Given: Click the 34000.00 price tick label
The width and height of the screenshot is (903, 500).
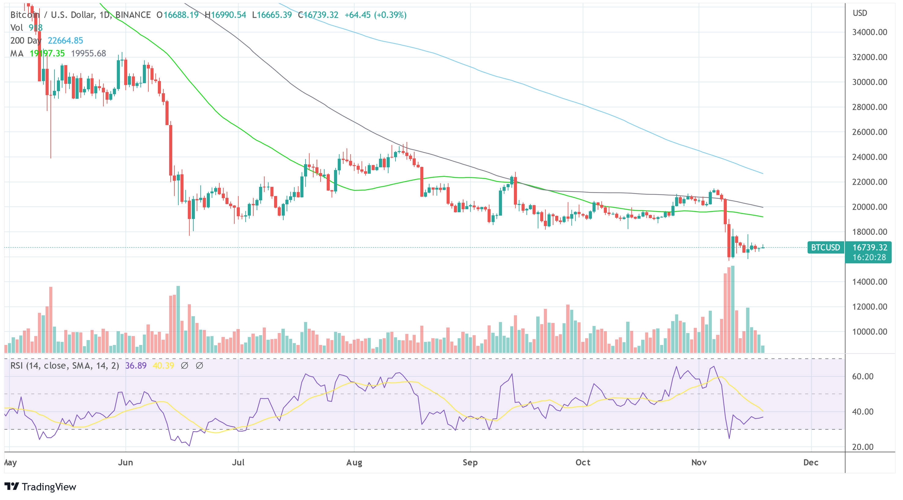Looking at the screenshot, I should tap(869, 32).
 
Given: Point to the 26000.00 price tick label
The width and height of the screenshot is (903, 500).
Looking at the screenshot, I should tap(869, 132).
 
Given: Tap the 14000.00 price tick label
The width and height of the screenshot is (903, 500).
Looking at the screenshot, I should tap(869, 282).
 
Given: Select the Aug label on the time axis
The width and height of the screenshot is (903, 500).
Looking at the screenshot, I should tap(354, 462).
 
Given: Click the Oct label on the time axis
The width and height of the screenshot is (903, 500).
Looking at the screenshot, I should tap(583, 462).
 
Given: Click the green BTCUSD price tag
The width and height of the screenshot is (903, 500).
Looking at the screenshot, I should tap(825, 247).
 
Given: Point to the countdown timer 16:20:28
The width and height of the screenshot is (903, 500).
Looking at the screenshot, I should tap(869, 257).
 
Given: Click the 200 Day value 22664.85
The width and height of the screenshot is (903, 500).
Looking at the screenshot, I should tap(65, 41).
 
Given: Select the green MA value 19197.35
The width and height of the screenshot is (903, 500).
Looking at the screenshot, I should tap(47, 53).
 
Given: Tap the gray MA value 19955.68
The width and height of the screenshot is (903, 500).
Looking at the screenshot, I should tap(88, 53).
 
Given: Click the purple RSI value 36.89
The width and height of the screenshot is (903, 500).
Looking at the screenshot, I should tap(136, 365).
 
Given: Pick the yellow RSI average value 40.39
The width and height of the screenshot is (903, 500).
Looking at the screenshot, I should tap(163, 365).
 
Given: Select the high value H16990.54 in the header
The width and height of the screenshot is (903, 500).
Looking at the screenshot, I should tap(225, 15).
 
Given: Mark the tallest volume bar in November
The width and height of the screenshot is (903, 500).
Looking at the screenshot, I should tap(733, 309).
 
